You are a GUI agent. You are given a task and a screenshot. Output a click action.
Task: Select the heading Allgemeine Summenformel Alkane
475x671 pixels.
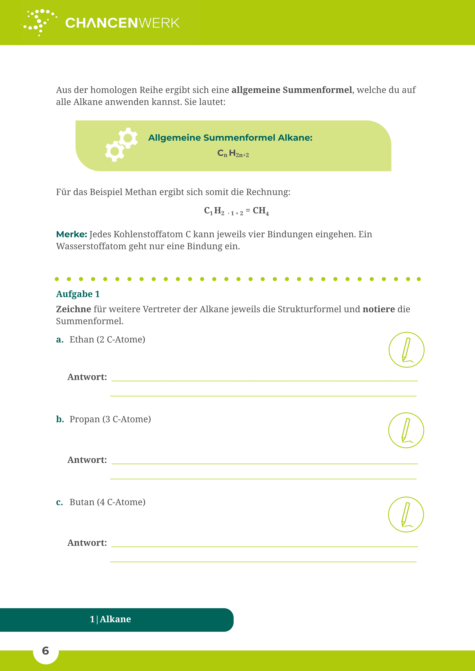click(x=230, y=138)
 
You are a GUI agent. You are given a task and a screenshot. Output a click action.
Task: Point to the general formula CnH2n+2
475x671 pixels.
click(x=233, y=153)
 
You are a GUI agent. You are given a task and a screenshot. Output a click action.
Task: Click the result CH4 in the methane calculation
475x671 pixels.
click(x=261, y=211)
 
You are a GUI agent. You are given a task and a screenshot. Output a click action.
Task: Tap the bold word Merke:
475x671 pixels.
click(x=71, y=234)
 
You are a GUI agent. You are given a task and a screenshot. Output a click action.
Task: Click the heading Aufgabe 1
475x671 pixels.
click(x=78, y=294)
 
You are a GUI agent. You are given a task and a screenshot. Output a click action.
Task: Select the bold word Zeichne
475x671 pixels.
click(x=73, y=309)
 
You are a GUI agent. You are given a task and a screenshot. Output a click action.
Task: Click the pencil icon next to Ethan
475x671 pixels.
click(x=406, y=350)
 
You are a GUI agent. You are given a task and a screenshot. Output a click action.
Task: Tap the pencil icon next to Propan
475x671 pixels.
click(x=406, y=430)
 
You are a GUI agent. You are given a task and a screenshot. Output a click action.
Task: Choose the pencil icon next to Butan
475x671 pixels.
click(x=406, y=514)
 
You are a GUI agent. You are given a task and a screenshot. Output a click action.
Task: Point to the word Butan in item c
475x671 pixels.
click(x=82, y=502)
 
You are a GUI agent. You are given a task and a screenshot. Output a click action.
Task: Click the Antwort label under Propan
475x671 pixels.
click(x=87, y=460)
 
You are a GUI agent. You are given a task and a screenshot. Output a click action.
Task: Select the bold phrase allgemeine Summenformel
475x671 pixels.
click(x=292, y=90)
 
